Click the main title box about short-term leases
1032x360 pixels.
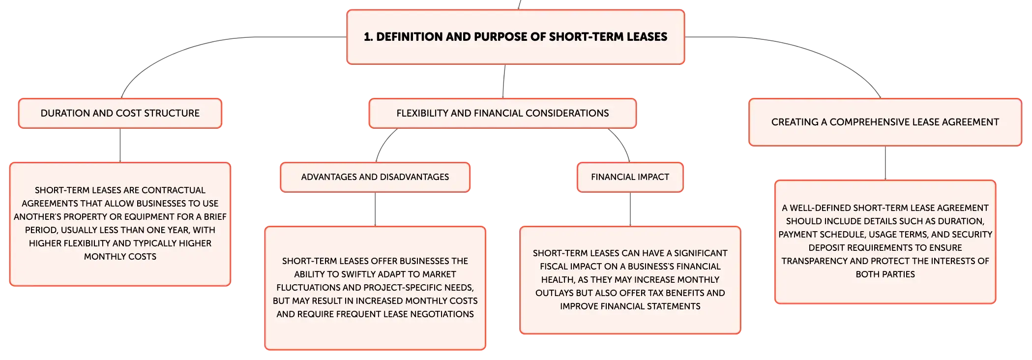tap(515, 37)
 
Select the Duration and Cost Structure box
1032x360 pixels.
tap(120, 113)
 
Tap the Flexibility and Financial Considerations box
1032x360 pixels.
tap(502, 113)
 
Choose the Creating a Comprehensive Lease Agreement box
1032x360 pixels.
tap(885, 122)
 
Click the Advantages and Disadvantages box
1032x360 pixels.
tap(375, 177)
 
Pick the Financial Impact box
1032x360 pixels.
tap(630, 177)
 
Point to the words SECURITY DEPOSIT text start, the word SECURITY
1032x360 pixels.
tap(972, 235)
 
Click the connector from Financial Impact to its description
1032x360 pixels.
tap(630, 209)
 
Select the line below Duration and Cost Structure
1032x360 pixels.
tap(120, 145)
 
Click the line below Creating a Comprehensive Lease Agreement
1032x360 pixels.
tap(885, 163)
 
